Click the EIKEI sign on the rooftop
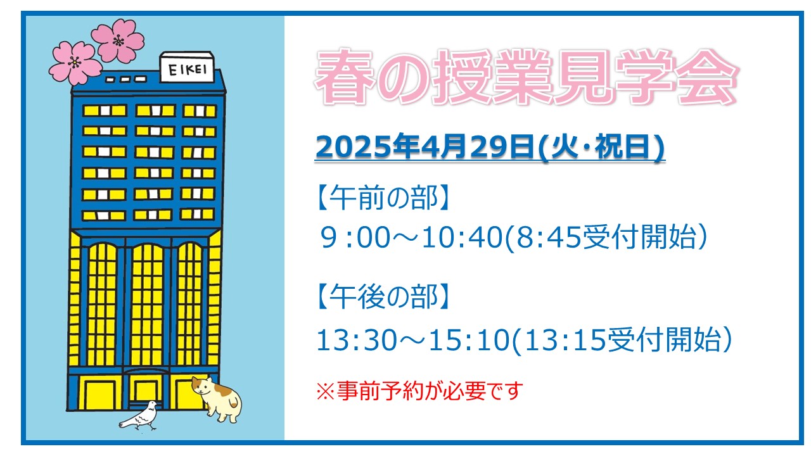[x=187, y=67]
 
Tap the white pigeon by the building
[x=139, y=416]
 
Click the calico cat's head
[x=202, y=386]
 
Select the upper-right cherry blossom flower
[x=118, y=40]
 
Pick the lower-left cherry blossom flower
[x=75, y=63]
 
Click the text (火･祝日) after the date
[x=601, y=146]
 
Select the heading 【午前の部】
[x=383, y=198]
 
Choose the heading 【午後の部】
[x=383, y=296]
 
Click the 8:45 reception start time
[x=548, y=237]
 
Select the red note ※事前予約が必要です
[x=419, y=391]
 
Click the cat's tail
[x=236, y=402]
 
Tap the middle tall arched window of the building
[x=146, y=305]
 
